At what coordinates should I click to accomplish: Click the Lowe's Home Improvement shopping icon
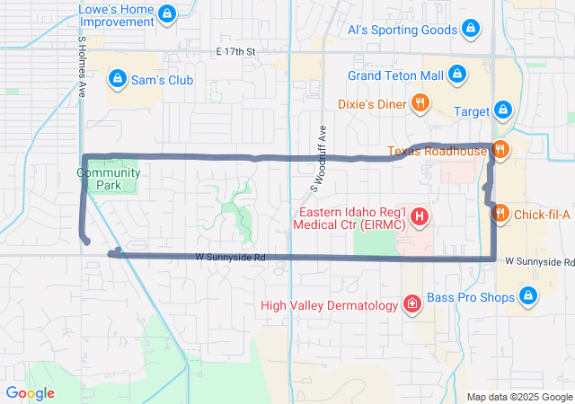(x=165, y=14)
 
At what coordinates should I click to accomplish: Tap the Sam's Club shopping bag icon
(x=117, y=80)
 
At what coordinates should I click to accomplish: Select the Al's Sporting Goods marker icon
(x=470, y=30)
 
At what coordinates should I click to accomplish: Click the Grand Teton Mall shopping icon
(x=456, y=74)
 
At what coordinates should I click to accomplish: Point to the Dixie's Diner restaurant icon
(x=419, y=103)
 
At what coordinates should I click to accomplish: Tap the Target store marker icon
(x=503, y=111)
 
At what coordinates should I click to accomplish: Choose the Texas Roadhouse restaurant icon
(x=500, y=151)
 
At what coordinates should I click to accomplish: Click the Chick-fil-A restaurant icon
(x=500, y=214)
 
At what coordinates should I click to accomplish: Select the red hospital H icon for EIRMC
(x=418, y=216)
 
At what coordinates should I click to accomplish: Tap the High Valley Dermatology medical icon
(x=411, y=305)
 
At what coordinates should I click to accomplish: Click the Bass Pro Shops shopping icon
(x=527, y=295)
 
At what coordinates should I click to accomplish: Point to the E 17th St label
(x=235, y=52)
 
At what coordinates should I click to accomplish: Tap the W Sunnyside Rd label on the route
(x=231, y=258)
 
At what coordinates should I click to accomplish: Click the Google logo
(x=30, y=393)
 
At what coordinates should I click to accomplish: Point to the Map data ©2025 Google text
(x=518, y=397)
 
